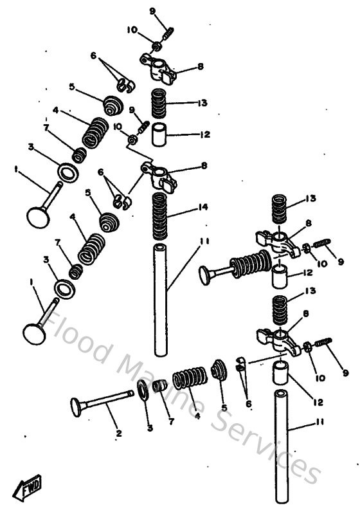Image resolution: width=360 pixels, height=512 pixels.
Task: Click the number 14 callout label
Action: [x=204, y=207]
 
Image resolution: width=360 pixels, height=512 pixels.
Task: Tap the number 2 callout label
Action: [x=118, y=434]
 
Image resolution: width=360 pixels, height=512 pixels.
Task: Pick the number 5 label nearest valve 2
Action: [x=224, y=407]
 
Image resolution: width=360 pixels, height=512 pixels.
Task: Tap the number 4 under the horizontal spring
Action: [x=197, y=416]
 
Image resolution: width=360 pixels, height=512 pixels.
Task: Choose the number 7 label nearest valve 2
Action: [x=171, y=422]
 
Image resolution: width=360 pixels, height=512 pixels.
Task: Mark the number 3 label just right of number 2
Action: [x=150, y=428]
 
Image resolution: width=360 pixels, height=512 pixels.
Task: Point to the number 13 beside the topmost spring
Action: [x=204, y=103]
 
